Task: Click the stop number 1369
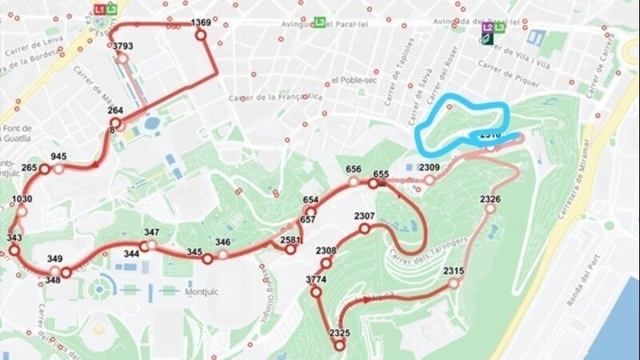coord(201,23)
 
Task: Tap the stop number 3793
coord(123,46)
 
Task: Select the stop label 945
coord(58,157)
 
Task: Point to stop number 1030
coord(22,199)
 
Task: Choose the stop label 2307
coord(364,217)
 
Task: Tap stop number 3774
coord(316,279)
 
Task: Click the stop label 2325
coord(339,333)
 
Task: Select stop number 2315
coord(454,270)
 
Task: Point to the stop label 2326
coord(490,198)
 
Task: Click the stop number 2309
coord(430,167)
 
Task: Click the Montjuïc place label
coord(202,292)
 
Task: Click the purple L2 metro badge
coord(487,27)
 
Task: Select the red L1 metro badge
coord(98,9)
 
